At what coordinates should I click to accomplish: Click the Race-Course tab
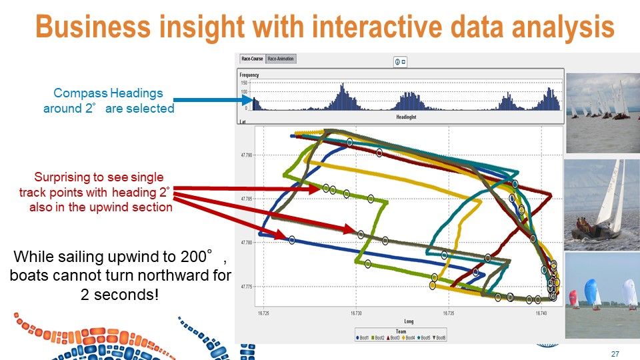pyautogui.click(x=252, y=59)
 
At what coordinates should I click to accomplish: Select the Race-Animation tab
pyautogui.click(x=281, y=59)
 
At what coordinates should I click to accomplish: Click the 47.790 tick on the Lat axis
pyautogui.click(x=247, y=155)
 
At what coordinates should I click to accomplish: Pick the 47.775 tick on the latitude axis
pyautogui.click(x=247, y=287)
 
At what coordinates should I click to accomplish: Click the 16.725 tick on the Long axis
pyautogui.click(x=263, y=312)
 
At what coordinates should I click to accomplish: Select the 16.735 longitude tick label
pyautogui.click(x=449, y=312)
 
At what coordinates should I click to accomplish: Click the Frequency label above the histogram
pyautogui.click(x=249, y=75)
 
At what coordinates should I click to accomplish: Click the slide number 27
pyautogui.click(x=615, y=353)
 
